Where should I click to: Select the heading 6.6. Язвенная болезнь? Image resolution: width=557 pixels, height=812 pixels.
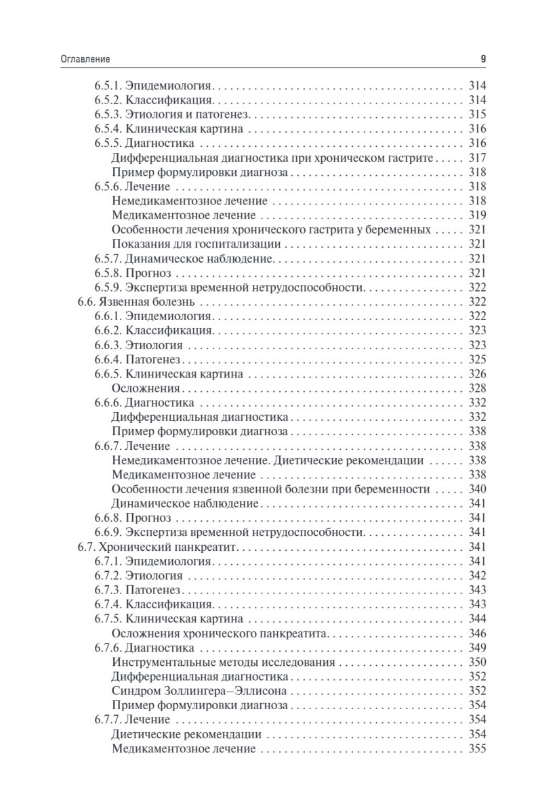[x=135, y=302]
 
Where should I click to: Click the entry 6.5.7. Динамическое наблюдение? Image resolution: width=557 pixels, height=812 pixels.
[x=183, y=258]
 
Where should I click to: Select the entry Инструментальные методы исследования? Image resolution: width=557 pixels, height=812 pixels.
[x=223, y=662]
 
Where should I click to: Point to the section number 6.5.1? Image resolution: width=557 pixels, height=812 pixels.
[x=106, y=86]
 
